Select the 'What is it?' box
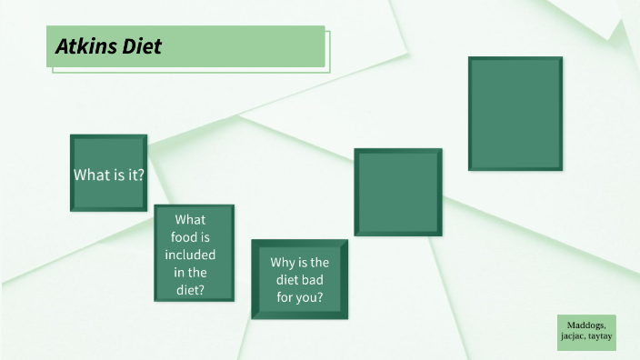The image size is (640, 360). tap(109, 174)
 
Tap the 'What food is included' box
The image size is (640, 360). tap(194, 254)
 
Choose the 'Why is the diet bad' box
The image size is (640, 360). tap(299, 279)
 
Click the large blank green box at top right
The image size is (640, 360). tap(515, 114)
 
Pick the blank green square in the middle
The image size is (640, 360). tap(397, 193)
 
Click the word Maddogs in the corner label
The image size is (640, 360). tap(586, 325)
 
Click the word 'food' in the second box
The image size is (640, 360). tap(190, 237)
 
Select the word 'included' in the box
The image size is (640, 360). tap(191, 255)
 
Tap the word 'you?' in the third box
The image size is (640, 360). tap(310, 297)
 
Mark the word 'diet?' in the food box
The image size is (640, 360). tap(191, 290)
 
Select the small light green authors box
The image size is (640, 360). tap(586, 332)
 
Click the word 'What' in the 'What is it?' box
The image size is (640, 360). tap(93, 175)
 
